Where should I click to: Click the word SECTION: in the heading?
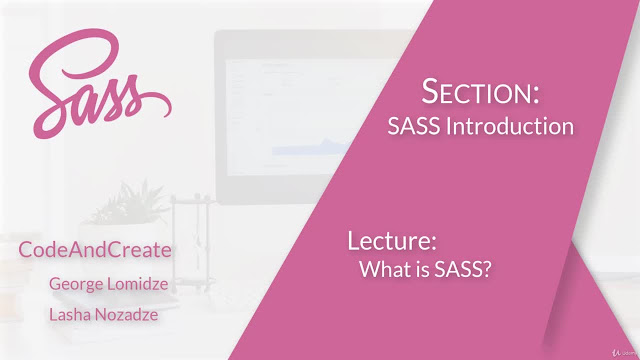pos(480,91)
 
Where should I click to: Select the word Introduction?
pos(510,126)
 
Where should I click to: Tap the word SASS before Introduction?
pos(414,126)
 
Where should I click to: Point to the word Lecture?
pos(392,240)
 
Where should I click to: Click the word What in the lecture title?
pos(381,269)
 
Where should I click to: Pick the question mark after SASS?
pos(487,269)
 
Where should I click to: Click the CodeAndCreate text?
pos(95,249)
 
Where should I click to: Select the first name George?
pos(75,284)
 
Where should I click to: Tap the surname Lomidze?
pos(136,284)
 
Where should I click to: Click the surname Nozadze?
pos(122,315)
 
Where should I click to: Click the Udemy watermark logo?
pos(624,353)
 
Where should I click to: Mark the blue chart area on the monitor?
pos(309,147)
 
